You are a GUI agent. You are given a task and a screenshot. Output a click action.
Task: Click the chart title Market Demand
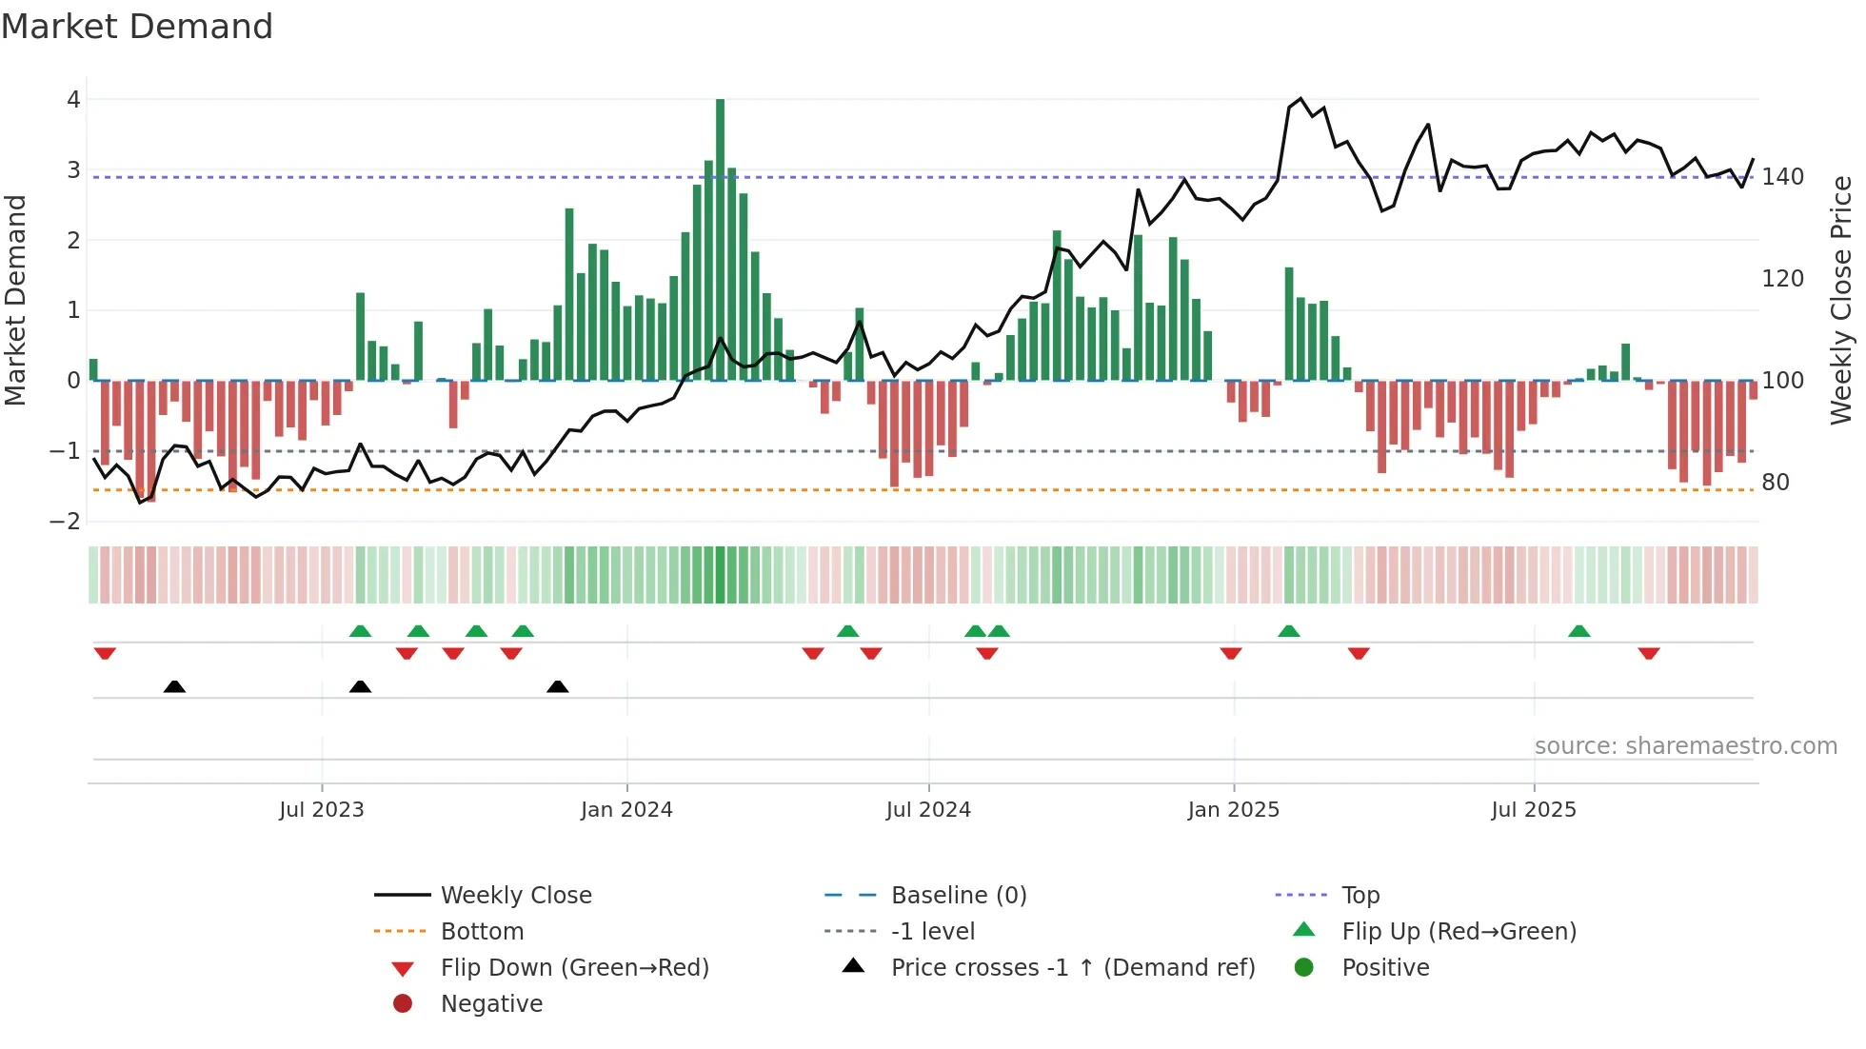tap(137, 27)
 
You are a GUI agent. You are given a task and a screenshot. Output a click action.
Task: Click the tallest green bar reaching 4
tap(720, 238)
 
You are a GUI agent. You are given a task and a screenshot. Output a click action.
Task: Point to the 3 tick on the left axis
tap(73, 170)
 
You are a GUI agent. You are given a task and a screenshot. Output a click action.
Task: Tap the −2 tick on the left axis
tap(65, 522)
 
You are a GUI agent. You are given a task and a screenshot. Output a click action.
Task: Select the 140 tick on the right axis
tap(1782, 177)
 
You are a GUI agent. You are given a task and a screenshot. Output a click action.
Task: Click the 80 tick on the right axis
tap(1775, 483)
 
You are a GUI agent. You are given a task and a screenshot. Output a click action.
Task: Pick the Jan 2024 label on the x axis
tap(626, 810)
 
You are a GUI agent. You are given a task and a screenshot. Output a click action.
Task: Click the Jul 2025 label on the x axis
tap(1533, 810)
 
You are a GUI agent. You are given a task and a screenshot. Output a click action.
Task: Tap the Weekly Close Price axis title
tap(1841, 300)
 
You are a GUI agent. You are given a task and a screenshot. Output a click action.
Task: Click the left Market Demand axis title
tap(15, 300)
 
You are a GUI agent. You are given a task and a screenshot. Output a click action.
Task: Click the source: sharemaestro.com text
tap(1685, 746)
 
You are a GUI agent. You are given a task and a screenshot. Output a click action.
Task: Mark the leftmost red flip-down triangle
tap(105, 653)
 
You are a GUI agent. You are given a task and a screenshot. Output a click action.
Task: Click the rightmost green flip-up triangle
tap(1578, 631)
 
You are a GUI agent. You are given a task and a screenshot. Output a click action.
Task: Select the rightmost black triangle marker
tap(558, 686)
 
